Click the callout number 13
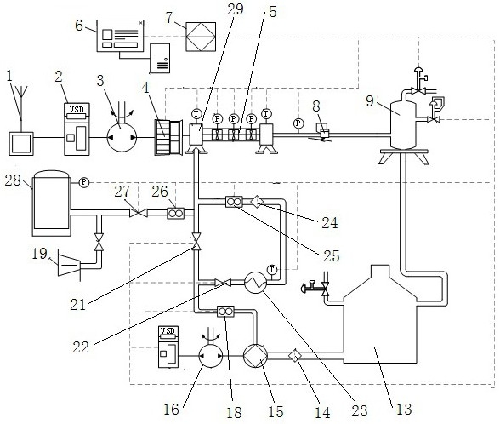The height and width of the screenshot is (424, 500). [404, 409]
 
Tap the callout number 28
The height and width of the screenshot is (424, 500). [13, 180]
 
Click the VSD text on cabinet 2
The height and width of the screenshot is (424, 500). [77, 110]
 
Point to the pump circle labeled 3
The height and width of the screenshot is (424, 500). [122, 138]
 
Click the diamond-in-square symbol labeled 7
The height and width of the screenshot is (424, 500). [201, 37]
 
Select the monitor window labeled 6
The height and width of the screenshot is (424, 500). [120, 36]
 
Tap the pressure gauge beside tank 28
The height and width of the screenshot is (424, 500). [84, 182]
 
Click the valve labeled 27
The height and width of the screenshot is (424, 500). [139, 212]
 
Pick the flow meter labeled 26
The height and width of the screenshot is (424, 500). [176, 213]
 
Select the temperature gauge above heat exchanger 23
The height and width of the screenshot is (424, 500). [272, 270]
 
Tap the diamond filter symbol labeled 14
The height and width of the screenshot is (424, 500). [295, 356]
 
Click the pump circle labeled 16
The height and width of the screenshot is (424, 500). [211, 356]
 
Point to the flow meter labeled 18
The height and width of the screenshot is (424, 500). [225, 312]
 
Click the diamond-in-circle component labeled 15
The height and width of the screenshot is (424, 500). [255, 356]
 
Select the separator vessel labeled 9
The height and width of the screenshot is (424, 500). [403, 123]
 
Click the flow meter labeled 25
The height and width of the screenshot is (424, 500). [234, 202]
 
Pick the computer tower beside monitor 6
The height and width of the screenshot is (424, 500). [160, 59]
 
